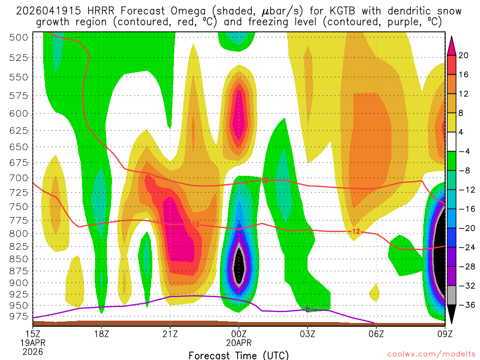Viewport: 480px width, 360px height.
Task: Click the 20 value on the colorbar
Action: [x=464, y=55]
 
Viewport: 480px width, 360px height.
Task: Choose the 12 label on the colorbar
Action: [x=464, y=94]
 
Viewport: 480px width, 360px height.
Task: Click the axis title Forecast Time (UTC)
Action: [x=239, y=355]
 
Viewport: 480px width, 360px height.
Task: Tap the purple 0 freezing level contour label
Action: [x=307, y=310]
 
